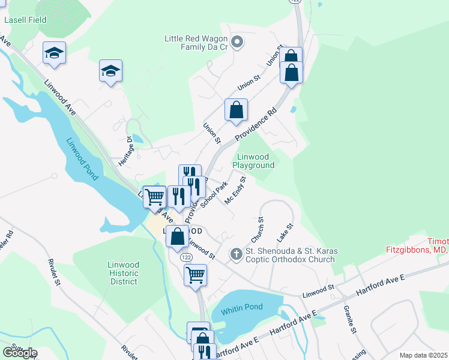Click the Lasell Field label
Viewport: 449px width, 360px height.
pyautogui.click(x=25, y=19)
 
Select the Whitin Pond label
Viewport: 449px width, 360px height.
pyautogui.click(x=241, y=308)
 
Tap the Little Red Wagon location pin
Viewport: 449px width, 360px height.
pyautogui.click(x=237, y=42)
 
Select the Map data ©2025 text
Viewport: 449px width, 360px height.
pyautogui.click(x=423, y=355)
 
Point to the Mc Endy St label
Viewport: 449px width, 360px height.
pyautogui.click(x=235, y=190)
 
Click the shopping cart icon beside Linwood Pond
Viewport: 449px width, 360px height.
pyautogui.click(x=155, y=196)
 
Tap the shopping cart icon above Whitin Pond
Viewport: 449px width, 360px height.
pyautogui.click(x=195, y=275)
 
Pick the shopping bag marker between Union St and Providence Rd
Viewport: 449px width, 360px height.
pyautogui.click(x=237, y=110)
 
